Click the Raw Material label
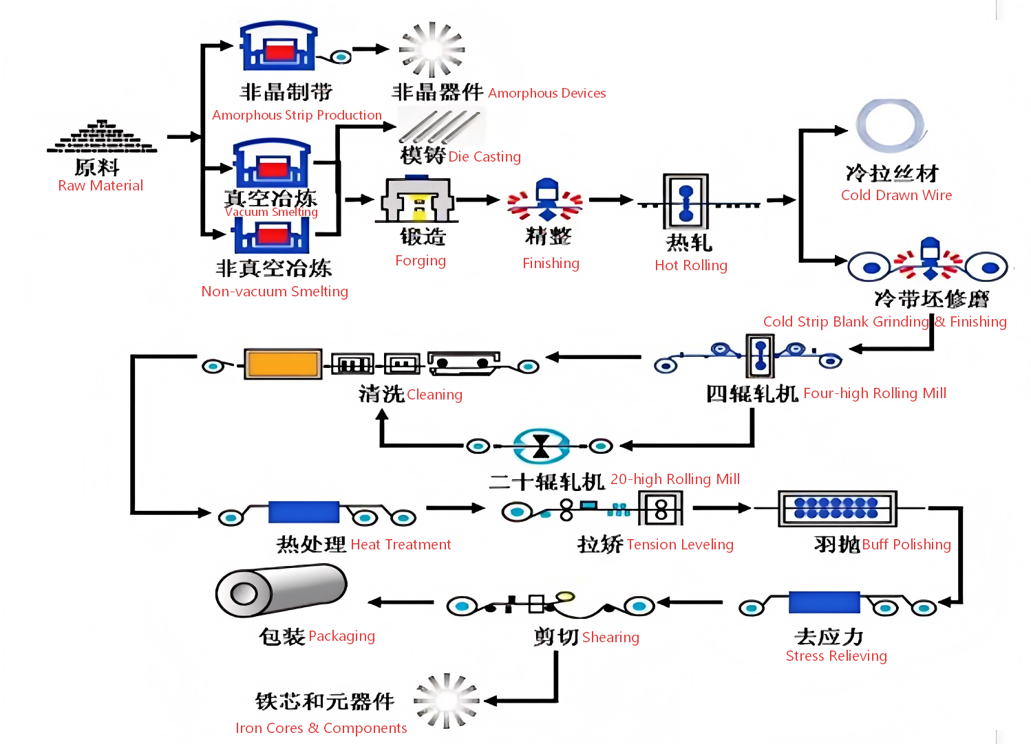pyautogui.click(x=100, y=186)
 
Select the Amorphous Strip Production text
pyautogui.click(x=297, y=115)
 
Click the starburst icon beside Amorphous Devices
pyautogui.click(x=432, y=50)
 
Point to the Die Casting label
pyautogui.click(x=485, y=157)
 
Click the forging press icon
pyautogui.click(x=417, y=201)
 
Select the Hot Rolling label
pyautogui.click(x=690, y=265)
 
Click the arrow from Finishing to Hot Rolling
pyautogui.click(x=610, y=200)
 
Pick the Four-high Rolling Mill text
pyautogui.click(x=875, y=393)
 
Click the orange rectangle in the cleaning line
pyautogui.click(x=283, y=364)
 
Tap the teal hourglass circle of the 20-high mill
pyautogui.click(x=541, y=446)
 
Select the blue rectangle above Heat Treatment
pyautogui.click(x=304, y=512)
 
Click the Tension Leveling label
pyautogui.click(x=680, y=545)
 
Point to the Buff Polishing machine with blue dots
pyautogui.click(x=837, y=509)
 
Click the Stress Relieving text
pyautogui.click(x=836, y=656)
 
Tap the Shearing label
pyautogui.click(x=610, y=637)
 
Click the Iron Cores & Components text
pyautogui.click(x=321, y=728)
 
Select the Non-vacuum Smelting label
pyautogui.click(x=275, y=292)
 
